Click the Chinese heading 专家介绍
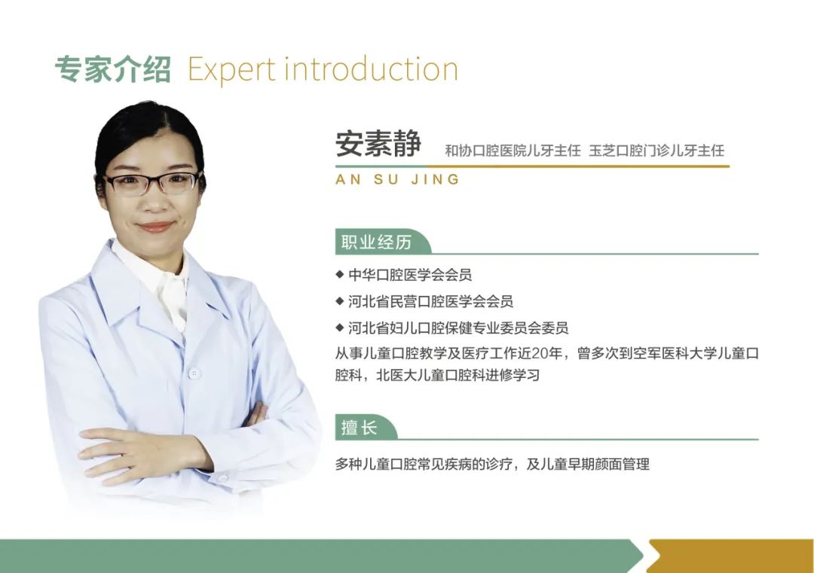coord(112,69)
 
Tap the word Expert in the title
coord(231,70)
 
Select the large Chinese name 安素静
coord(378,144)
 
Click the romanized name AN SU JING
coord(398,179)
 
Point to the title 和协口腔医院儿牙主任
coord(513,151)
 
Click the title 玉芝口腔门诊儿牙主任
coord(656,151)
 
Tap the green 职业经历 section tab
coord(383,242)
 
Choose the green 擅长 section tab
coord(366,427)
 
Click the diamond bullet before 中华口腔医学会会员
coord(340,274)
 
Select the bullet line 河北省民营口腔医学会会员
coord(430,300)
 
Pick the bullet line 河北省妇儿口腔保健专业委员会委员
coord(458,328)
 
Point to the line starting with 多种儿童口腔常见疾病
coord(492,464)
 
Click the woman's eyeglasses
coord(153,183)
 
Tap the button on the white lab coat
coord(194,373)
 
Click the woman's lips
coord(155,227)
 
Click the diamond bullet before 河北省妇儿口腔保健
coord(340,328)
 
